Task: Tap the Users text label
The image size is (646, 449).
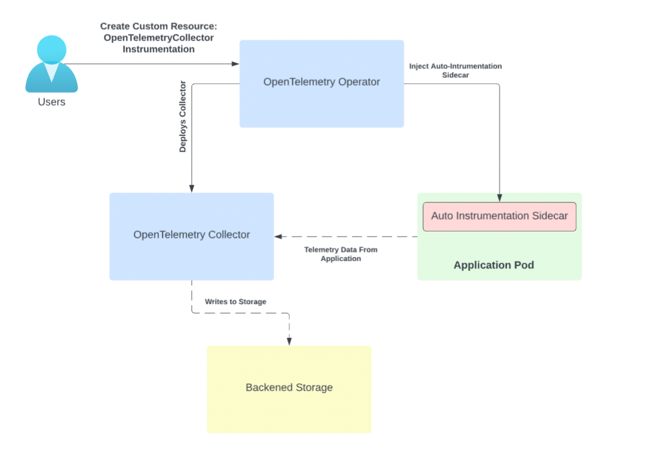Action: click(x=51, y=102)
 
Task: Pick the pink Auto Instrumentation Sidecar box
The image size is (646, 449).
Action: click(x=499, y=216)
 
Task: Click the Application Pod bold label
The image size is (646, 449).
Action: click(x=494, y=265)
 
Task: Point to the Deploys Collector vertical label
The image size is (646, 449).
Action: click(x=183, y=117)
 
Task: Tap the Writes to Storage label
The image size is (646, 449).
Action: click(x=235, y=302)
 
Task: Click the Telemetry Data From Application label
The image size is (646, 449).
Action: click(x=340, y=254)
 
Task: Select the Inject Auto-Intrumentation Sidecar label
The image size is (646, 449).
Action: click(x=455, y=71)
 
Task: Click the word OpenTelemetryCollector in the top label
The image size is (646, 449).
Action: click(x=158, y=38)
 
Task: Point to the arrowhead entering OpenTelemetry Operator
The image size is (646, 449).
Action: click(x=235, y=64)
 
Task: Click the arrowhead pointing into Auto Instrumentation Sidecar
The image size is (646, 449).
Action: click(x=499, y=198)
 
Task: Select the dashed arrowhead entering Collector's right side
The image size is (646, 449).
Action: click(x=278, y=236)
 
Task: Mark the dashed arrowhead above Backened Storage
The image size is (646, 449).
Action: click(x=289, y=341)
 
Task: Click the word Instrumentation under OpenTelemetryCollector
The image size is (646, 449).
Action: click(x=158, y=49)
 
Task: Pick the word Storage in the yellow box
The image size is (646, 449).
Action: click(x=314, y=387)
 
